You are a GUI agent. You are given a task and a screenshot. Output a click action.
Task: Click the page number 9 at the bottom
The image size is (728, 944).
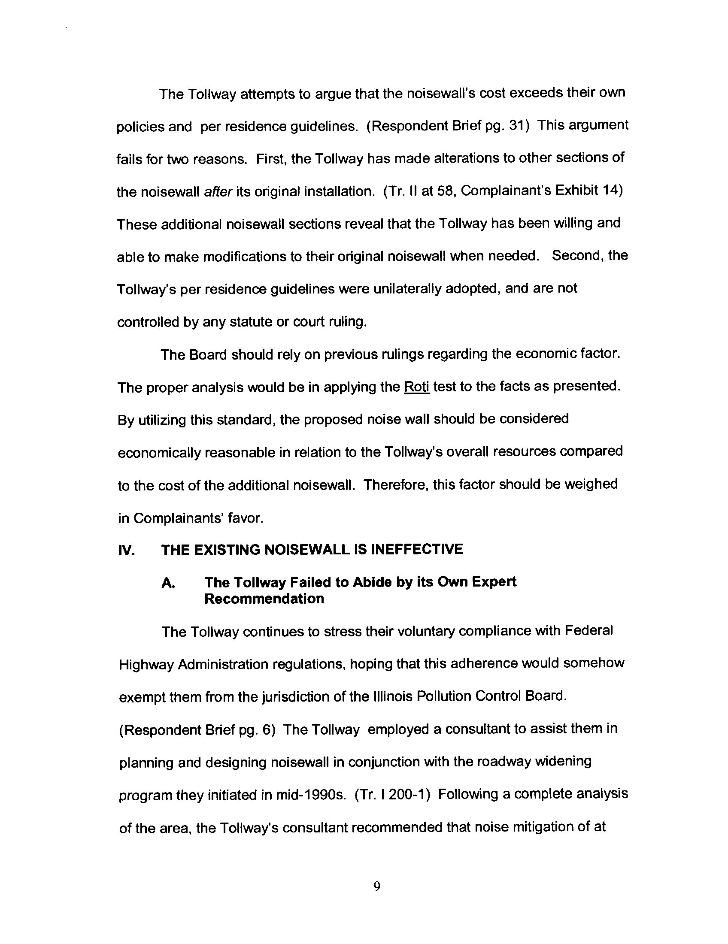(376, 887)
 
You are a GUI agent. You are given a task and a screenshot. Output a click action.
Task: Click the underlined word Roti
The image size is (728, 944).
(417, 387)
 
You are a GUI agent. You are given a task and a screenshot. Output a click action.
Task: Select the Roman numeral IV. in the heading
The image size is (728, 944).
(126, 550)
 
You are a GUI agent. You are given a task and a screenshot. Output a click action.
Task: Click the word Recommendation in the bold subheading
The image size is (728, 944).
(264, 599)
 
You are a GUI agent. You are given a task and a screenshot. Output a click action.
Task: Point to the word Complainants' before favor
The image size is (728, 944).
(180, 518)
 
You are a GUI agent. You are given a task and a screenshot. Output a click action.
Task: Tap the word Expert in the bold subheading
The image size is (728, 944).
(494, 582)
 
